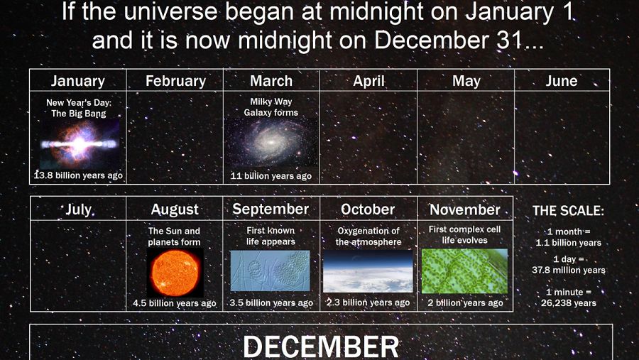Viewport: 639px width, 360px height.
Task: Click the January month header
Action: pyautogui.click(x=77, y=81)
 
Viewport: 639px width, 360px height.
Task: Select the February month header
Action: pyautogui.click(x=175, y=81)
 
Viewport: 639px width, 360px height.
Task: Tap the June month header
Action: pyautogui.click(x=561, y=81)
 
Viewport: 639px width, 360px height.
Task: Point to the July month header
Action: pyautogui.click(x=78, y=209)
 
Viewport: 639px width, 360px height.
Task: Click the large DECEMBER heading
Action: pyautogui.click(x=320, y=347)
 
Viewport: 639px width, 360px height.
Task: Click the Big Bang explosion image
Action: pyautogui.click(x=78, y=144)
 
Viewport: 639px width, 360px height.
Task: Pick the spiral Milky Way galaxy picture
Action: pyautogui.click(x=271, y=143)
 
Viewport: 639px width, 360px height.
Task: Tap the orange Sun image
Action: pyautogui.click(x=175, y=272)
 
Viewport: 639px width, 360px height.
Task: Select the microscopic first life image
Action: pyautogui.click(x=271, y=271)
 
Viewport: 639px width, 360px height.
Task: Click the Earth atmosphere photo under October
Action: pyautogui.click(x=367, y=271)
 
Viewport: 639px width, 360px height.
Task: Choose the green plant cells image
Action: pyautogui.click(x=464, y=271)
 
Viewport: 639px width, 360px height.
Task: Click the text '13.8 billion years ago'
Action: pyautogui.click(x=78, y=175)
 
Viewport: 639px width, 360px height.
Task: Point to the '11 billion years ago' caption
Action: pyautogui.click(x=271, y=176)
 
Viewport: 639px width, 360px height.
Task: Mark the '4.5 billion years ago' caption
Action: pyautogui.click(x=175, y=303)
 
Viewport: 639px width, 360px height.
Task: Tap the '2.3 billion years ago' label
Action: pyautogui.click(x=368, y=302)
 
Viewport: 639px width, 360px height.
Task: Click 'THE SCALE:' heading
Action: pyautogui.click(x=568, y=211)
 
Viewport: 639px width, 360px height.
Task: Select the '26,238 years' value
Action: pyautogui.click(x=568, y=303)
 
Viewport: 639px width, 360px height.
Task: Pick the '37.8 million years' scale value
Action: pyautogui.click(x=568, y=270)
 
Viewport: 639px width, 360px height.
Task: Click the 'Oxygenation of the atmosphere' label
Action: pyautogui.click(x=367, y=236)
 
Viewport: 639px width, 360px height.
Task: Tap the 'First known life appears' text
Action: pyautogui.click(x=271, y=236)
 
